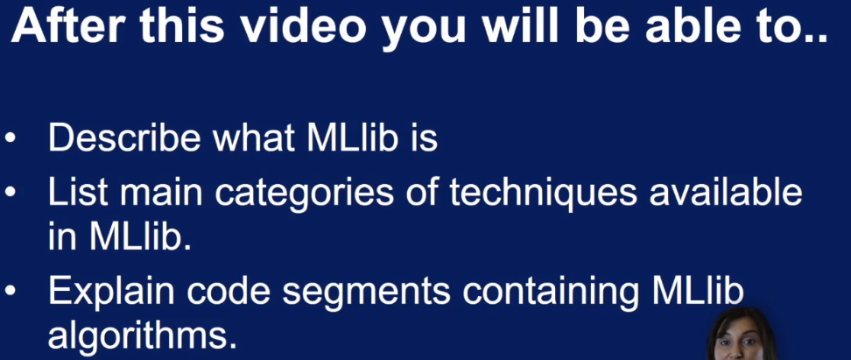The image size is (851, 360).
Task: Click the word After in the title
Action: pyautogui.click(x=67, y=25)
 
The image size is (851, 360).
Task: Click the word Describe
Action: pyautogui.click(x=125, y=138)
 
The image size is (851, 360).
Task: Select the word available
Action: pyautogui.click(x=726, y=192)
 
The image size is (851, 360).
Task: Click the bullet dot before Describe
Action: pyautogui.click(x=11, y=139)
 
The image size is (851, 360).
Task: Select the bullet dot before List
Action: pyautogui.click(x=11, y=194)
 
